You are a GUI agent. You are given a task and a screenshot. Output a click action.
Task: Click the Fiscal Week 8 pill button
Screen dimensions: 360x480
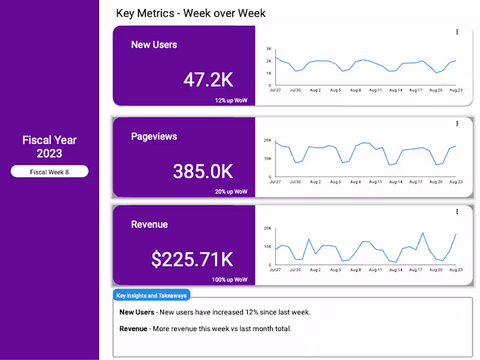[50, 172]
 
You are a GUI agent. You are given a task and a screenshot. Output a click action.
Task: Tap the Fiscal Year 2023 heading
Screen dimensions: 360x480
[50, 146]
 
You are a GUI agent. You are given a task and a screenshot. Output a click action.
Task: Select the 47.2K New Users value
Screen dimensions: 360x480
[208, 79]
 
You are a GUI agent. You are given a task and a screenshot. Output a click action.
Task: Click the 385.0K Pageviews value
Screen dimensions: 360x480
[203, 172]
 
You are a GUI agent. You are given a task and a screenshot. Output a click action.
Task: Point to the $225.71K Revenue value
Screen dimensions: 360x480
[192, 259]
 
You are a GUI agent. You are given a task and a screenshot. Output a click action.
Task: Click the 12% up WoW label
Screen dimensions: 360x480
[231, 100]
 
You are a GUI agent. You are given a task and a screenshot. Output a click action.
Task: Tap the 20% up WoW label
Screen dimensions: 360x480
[231, 192]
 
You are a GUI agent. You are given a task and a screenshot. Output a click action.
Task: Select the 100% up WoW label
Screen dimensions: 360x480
[229, 280]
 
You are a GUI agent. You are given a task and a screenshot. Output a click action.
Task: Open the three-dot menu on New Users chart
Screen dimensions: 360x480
[457, 32]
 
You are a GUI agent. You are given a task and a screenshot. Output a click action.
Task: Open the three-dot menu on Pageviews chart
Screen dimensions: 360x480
[457, 124]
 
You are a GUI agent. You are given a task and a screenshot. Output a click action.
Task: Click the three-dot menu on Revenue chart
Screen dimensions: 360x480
[457, 211]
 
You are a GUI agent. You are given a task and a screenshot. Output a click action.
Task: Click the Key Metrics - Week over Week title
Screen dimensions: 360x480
[191, 13]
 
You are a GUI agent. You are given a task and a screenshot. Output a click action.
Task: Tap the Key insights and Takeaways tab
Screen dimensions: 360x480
[152, 295]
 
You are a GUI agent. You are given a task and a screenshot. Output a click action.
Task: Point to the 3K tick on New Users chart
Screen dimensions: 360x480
[269, 49]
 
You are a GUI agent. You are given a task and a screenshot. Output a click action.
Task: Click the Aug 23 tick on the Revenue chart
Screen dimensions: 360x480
[456, 270]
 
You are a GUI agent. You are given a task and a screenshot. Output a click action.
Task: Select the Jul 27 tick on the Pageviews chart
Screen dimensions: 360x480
[275, 181]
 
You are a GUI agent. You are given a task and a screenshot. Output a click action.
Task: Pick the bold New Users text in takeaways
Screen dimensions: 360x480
[137, 312]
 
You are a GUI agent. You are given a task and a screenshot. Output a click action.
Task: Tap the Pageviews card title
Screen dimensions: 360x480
[154, 136]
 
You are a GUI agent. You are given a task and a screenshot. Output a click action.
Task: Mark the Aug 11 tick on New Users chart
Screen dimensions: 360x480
[376, 90]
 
